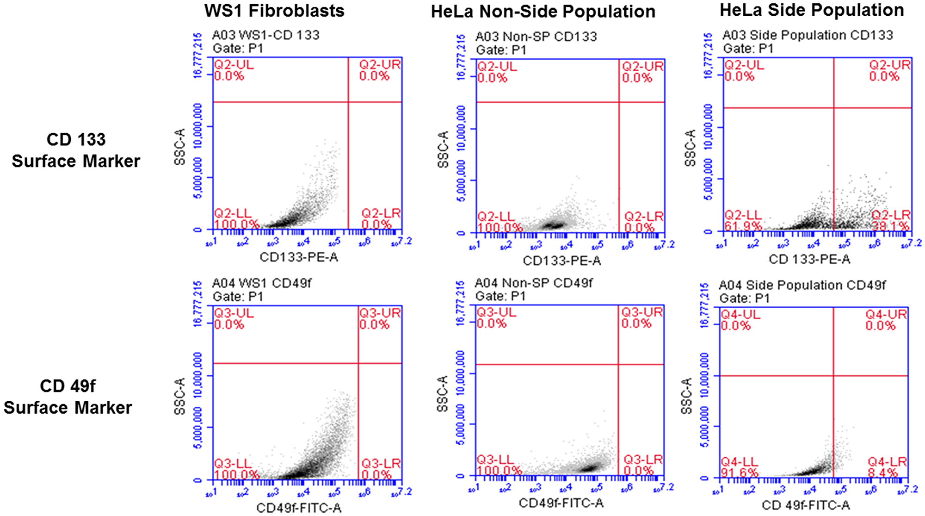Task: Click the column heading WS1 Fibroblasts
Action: [274, 11]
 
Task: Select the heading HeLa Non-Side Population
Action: [543, 12]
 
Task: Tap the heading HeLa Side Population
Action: [812, 10]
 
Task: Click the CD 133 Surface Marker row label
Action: [76, 150]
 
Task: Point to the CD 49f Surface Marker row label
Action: [68, 397]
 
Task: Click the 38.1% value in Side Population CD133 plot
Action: [890, 226]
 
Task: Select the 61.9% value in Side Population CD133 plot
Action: [743, 226]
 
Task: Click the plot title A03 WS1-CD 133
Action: [265, 35]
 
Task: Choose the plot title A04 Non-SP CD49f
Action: [533, 283]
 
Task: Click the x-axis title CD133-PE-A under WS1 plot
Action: [299, 257]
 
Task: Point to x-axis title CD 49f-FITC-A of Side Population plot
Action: [805, 505]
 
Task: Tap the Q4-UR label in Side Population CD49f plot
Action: [886, 315]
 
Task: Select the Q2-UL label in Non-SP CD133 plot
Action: [497, 66]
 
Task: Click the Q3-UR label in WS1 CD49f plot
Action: [380, 313]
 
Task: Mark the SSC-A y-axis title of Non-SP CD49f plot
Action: [443, 394]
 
